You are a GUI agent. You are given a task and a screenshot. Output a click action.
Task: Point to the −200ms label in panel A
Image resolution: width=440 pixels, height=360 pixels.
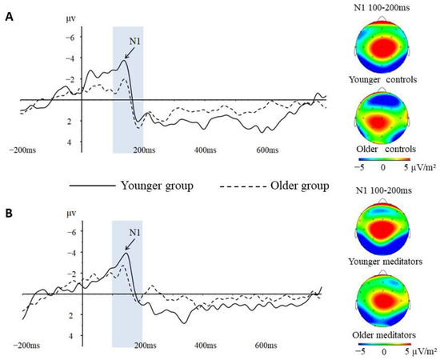[25, 150]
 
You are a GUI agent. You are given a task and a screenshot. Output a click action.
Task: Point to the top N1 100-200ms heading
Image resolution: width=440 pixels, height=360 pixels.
[383, 7]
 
